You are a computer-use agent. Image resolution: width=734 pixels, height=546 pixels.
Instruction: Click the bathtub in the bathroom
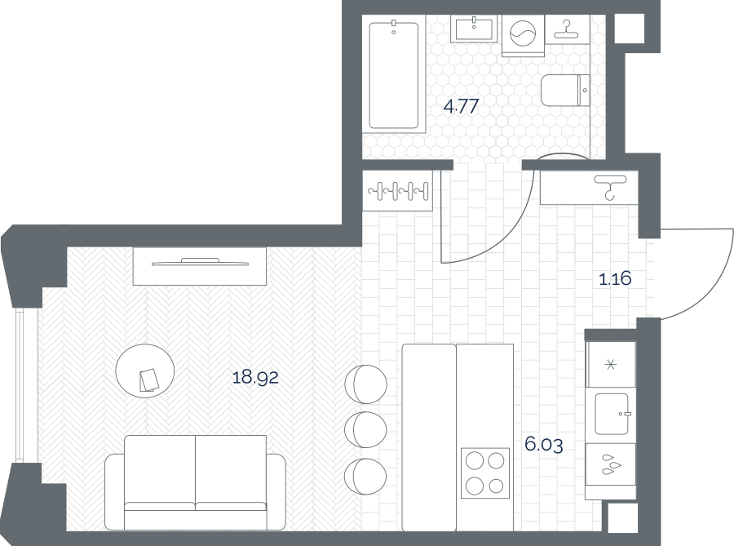(x=393, y=75)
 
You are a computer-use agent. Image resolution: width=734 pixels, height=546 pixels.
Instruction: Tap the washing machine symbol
(x=523, y=35)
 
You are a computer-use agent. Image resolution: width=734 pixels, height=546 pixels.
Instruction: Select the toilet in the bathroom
(x=565, y=91)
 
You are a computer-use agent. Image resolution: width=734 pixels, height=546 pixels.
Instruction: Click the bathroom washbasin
(x=474, y=28)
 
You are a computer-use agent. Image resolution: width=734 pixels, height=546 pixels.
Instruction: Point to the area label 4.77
(x=461, y=107)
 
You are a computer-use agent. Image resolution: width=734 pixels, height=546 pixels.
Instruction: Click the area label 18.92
(x=255, y=377)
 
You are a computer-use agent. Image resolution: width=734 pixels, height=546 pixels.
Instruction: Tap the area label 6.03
(x=543, y=444)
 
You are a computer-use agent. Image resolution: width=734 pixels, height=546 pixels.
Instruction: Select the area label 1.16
(x=615, y=279)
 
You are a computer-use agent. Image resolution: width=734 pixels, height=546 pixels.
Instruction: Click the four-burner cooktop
(x=485, y=473)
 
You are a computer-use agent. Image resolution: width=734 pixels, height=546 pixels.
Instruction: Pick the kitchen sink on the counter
(x=612, y=414)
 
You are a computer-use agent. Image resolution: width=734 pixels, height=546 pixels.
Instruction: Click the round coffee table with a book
(x=145, y=371)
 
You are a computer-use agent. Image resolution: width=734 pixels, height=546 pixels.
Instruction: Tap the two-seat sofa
(x=195, y=482)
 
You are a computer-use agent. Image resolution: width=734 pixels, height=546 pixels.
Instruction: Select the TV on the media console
(x=200, y=262)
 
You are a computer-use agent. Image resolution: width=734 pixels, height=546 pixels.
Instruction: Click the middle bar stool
(x=365, y=430)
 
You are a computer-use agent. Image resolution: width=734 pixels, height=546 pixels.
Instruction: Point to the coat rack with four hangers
(x=398, y=191)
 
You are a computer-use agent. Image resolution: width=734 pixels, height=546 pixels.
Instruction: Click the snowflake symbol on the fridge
(x=611, y=365)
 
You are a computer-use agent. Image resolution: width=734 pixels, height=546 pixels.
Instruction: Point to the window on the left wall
(x=19, y=385)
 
